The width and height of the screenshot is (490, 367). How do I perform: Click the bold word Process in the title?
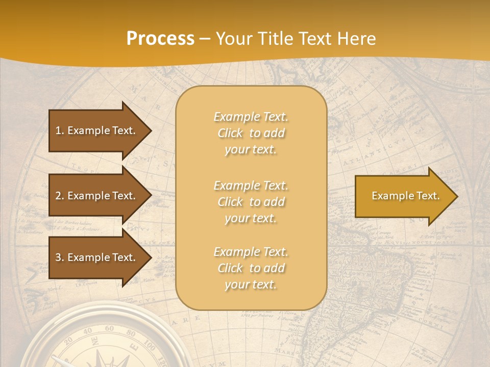click(160, 39)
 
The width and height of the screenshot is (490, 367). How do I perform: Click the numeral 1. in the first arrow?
click(60, 130)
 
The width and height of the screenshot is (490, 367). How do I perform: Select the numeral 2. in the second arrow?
click(60, 196)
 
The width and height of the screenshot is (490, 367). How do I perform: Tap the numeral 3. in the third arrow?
click(60, 257)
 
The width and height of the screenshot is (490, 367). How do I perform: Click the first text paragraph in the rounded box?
click(251, 133)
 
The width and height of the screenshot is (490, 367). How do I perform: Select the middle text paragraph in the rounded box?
click(251, 202)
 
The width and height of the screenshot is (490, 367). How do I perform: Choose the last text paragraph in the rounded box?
click(251, 268)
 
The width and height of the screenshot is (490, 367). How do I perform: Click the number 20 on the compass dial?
click(69, 343)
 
